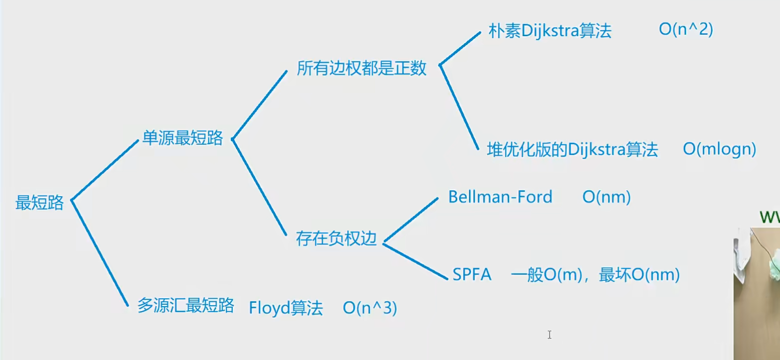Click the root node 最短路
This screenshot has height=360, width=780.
(40, 202)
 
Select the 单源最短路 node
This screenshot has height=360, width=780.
(182, 138)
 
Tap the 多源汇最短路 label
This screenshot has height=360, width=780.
(185, 306)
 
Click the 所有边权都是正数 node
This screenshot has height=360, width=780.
(361, 68)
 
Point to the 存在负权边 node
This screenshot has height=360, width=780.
(336, 238)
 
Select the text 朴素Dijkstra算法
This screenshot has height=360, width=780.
(550, 31)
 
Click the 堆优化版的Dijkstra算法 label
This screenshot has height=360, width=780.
(572, 150)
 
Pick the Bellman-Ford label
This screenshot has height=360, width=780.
(500, 197)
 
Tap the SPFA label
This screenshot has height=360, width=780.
(471, 274)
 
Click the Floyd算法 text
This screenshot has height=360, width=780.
(286, 308)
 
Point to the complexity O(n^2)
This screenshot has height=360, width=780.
(686, 29)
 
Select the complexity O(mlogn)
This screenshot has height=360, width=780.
(719, 149)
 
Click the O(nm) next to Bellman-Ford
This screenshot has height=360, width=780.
(606, 197)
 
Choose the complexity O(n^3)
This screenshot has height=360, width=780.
(370, 308)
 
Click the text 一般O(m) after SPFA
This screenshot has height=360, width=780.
(546, 275)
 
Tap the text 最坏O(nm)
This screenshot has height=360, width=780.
(639, 275)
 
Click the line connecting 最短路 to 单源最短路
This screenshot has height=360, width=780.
(105, 170)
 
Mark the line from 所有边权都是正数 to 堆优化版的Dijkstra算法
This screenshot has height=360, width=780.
(459, 107)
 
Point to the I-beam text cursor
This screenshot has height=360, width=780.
(550, 335)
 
